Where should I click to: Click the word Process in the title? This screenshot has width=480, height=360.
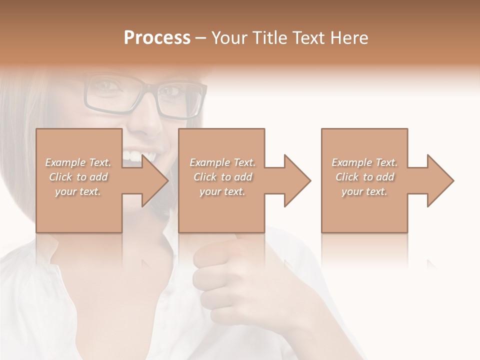pos(157,38)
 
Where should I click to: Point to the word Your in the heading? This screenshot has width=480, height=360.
pos(230,38)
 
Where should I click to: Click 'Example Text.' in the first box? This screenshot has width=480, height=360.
pos(78,162)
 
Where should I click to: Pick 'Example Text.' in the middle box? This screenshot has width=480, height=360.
pos(222,162)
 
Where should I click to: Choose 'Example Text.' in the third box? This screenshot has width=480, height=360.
pos(364,162)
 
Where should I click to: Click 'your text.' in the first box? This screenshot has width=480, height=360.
pos(78,191)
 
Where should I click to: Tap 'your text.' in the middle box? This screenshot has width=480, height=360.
pos(222,191)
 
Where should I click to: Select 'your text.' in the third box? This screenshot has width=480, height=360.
pos(364,191)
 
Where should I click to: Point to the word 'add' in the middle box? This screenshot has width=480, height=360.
pos(242,177)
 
